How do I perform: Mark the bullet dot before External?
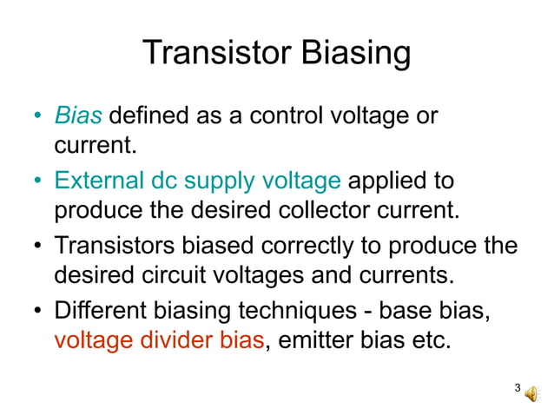[38, 181]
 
